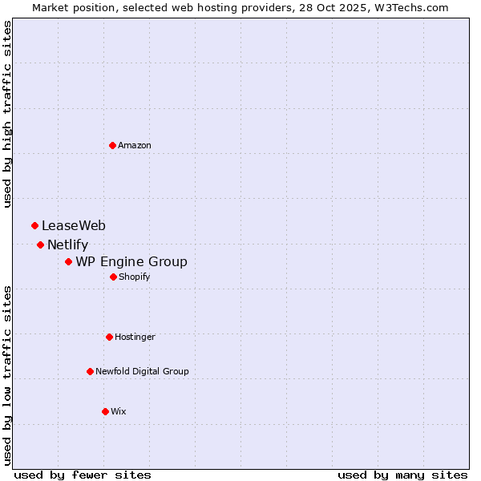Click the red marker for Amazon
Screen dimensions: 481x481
coord(112,145)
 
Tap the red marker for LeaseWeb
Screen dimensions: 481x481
coord(34,226)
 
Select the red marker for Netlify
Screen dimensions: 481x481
coord(40,245)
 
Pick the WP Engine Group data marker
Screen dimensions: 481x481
coord(68,261)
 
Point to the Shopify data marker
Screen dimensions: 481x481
coord(113,277)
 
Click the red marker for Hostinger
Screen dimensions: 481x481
coord(109,337)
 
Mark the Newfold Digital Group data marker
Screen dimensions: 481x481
coord(90,371)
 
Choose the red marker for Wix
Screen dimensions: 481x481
coord(105,411)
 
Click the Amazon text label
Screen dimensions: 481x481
coord(135,145)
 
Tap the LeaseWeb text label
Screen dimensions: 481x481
coord(74,226)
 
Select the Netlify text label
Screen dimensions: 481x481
coord(67,245)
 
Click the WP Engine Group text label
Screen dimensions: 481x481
coord(131,262)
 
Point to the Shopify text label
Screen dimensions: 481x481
coord(135,277)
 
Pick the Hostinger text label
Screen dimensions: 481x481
coord(135,337)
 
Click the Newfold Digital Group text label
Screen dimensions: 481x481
coord(142,371)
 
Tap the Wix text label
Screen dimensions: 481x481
coord(119,411)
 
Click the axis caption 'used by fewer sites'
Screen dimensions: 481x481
coord(83,475)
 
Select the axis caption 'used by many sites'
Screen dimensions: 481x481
coord(402,475)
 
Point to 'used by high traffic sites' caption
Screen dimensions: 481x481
coord(7,114)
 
